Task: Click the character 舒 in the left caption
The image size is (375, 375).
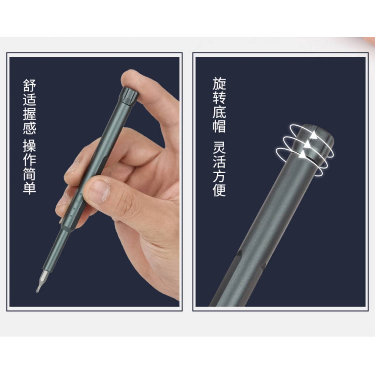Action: click(x=29, y=85)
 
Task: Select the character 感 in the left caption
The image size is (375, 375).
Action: click(x=29, y=128)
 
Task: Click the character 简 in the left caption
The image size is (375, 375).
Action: click(x=29, y=174)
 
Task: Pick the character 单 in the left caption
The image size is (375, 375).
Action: click(x=29, y=188)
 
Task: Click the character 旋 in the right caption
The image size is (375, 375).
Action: click(x=219, y=84)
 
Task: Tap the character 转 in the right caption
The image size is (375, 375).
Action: click(x=219, y=98)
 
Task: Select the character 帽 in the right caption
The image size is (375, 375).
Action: click(x=219, y=126)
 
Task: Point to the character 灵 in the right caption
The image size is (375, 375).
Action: click(x=219, y=147)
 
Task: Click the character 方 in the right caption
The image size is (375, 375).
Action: click(x=219, y=176)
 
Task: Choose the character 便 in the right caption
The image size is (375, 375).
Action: click(x=219, y=190)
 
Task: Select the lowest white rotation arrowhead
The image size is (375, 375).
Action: click(x=303, y=154)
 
